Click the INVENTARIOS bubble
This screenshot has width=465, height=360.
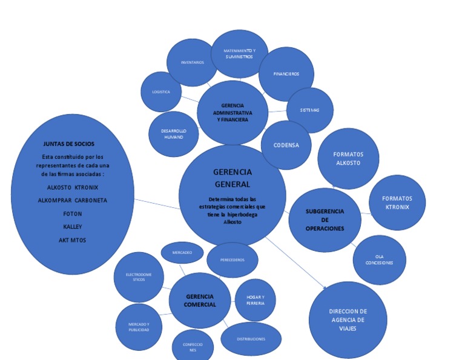(x=192, y=62)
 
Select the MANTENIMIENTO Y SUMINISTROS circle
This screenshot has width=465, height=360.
(x=239, y=53)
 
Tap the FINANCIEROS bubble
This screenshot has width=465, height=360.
(x=286, y=74)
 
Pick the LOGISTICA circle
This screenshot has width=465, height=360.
(x=160, y=92)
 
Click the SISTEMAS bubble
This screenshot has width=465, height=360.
(x=309, y=110)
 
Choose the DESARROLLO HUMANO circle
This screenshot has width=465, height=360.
(x=174, y=134)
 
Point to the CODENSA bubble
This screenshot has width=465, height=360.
(x=286, y=145)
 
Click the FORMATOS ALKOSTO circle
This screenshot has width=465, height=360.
(x=348, y=158)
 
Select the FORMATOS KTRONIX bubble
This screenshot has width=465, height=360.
(x=397, y=202)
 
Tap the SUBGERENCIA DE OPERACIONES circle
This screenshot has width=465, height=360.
(x=325, y=220)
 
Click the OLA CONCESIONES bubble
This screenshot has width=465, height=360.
(x=380, y=259)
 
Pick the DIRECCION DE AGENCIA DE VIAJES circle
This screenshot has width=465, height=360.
(x=348, y=320)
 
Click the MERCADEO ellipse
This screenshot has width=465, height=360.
(x=182, y=252)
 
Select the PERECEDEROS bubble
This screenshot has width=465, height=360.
(x=232, y=260)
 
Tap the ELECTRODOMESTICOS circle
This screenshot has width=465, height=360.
(x=139, y=277)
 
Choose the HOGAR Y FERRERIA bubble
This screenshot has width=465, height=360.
(x=256, y=299)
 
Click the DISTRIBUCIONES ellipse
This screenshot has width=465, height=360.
(x=251, y=339)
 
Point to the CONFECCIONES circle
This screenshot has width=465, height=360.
(x=193, y=347)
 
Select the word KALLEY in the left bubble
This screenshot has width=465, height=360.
(x=73, y=227)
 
